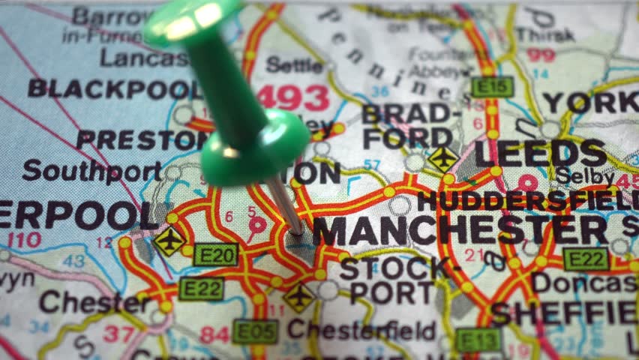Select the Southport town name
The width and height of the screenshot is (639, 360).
[91, 171]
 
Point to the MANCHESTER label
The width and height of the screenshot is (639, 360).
[460, 230]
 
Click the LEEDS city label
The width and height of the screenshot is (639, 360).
[540, 154]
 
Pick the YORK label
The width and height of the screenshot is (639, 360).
[589, 102]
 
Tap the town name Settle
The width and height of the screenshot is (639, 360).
[294, 65]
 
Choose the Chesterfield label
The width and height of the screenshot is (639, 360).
[361, 329]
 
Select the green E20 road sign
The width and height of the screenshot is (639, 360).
[216, 255]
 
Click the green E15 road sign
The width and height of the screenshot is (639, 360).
[492, 87]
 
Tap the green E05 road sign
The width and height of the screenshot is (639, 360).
[255, 331]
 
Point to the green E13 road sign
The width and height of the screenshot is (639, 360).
[478, 340]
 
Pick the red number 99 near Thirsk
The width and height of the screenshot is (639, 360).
[540, 55]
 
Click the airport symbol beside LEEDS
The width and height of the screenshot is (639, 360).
[442, 158]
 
